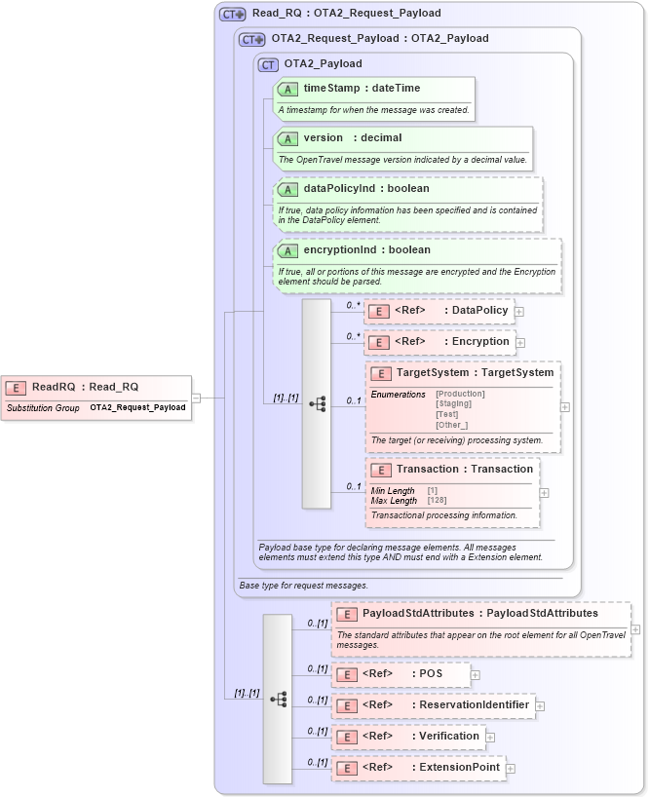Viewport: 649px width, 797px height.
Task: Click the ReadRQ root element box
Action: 95,397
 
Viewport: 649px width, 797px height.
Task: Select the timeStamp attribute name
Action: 327,88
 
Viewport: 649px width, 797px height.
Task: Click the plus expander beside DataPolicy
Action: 519,312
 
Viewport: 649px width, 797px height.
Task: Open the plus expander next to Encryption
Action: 520,343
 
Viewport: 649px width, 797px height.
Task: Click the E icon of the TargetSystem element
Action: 381,373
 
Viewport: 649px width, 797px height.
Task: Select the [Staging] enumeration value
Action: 453,403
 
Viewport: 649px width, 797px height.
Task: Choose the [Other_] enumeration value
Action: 451,425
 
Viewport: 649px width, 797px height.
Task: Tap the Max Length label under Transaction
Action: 394,501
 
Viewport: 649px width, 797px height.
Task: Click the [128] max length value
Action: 437,501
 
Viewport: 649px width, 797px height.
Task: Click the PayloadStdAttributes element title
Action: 479,614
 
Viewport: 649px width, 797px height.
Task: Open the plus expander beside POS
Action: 476,674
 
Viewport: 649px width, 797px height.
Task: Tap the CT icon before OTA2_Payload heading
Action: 268,64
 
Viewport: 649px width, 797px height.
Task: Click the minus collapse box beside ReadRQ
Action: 196,398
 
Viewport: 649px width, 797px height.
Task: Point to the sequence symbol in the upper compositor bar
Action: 317,402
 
